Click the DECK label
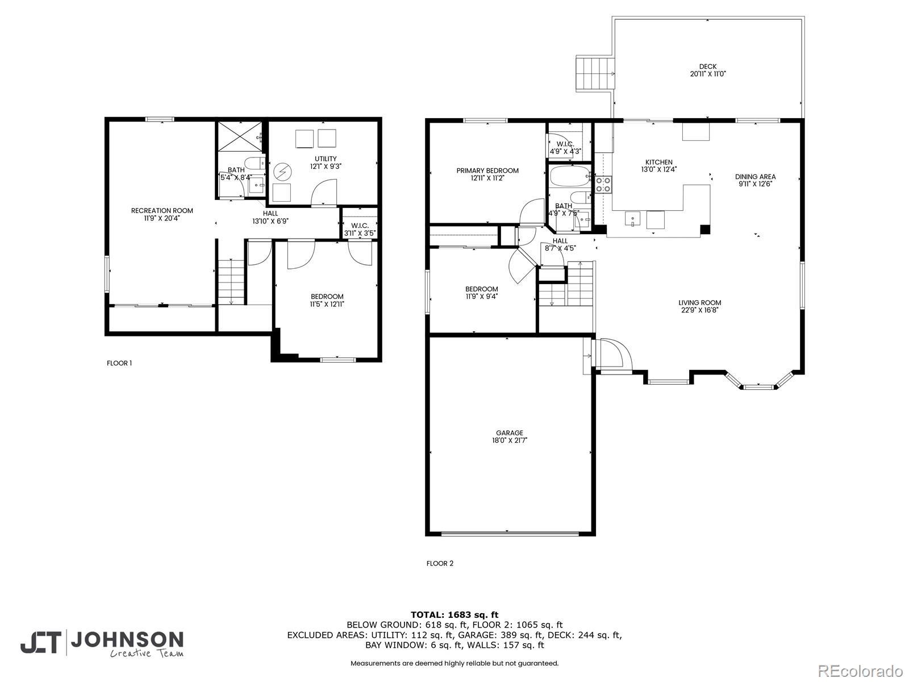(x=708, y=66)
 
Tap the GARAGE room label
(x=510, y=433)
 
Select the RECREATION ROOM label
(x=162, y=211)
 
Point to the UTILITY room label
(x=326, y=159)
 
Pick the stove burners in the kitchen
(x=603, y=184)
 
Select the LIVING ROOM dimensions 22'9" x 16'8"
(x=700, y=310)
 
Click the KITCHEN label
(x=659, y=163)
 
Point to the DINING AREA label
(x=756, y=177)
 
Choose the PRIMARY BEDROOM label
(x=487, y=170)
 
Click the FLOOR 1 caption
(x=119, y=363)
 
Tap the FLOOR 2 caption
(x=440, y=563)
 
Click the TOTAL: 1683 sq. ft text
(x=454, y=614)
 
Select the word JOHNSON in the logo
(x=127, y=640)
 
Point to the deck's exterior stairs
(x=594, y=74)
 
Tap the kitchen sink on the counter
(x=632, y=219)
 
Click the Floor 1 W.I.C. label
(x=360, y=226)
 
